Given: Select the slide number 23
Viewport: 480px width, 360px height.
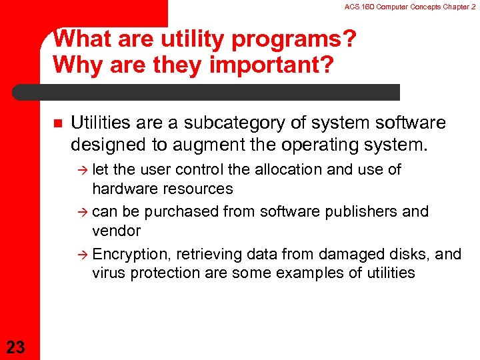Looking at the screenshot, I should (x=15, y=346).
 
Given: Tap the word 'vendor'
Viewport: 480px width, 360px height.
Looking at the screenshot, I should (x=116, y=231).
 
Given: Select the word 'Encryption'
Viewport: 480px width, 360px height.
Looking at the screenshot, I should (x=129, y=254).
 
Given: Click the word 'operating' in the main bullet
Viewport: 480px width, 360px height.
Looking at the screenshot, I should (x=328, y=143).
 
